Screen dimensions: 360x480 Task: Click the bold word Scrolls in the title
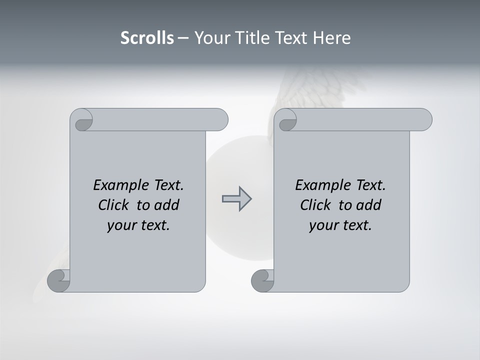pos(147,38)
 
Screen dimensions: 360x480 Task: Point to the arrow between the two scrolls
pos(236,198)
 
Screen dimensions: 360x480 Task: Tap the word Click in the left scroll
pos(115,205)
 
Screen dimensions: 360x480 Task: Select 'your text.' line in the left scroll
pos(138,225)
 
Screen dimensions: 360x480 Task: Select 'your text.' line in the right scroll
pos(340,225)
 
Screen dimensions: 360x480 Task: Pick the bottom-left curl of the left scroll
pos(59,280)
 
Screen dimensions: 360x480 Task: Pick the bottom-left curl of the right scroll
pos(263,280)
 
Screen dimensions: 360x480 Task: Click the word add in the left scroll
pos(166,205)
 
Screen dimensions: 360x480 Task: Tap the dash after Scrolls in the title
pos(183,38)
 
